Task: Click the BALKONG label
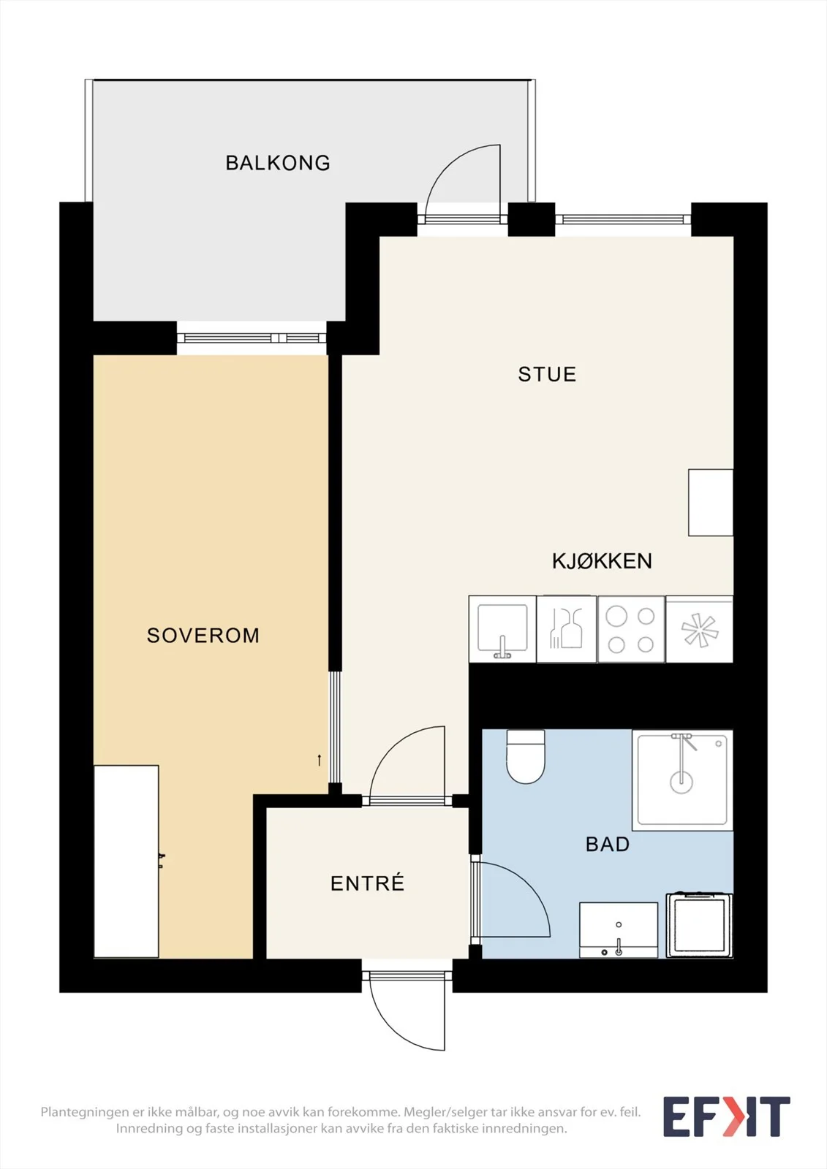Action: pos(277,163)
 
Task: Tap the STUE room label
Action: pos(547,374)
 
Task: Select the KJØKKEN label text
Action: pos(602,561)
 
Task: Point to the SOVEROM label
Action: pos(203,635)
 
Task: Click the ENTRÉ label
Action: pos(367,883)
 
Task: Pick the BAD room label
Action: pos(608,844)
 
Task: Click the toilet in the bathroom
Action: pos(526,756)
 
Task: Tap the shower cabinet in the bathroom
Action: pos(682,780)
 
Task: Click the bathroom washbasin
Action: pos(619,930)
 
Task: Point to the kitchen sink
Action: pos(502,629)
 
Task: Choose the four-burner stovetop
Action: pos(631,630)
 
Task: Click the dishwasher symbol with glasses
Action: pos(566,630)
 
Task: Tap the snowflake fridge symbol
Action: pos(700,630)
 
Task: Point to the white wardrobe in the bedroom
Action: pos(126,861)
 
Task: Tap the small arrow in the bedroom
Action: pos(320,760)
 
